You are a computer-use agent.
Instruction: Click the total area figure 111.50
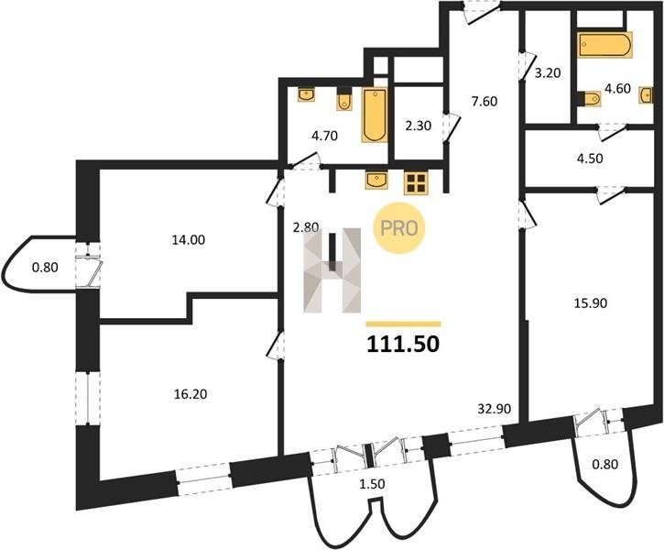click(403, 344)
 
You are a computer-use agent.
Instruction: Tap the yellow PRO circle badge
click(399, 228)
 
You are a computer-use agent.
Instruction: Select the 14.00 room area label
click(189, 240)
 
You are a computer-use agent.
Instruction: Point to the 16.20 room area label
click(190, 394)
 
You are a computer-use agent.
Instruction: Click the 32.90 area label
click(495, 409)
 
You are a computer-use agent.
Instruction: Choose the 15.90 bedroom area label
click(591, 303)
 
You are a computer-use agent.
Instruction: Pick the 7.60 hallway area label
click(484, 101)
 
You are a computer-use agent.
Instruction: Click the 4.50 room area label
click(590, 158)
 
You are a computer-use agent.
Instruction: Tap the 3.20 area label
click(548, 73)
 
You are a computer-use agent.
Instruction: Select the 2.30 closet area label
click(418, 126)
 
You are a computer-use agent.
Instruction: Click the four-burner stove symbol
click(416, 183)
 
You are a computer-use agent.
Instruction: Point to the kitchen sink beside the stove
click(377, 180)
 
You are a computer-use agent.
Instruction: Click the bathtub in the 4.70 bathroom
click(375, 115)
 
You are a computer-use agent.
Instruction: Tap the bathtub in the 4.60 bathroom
click(605, 45)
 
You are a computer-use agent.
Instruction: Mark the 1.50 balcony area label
click(372, 483)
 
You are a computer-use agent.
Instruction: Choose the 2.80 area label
click(305, 227)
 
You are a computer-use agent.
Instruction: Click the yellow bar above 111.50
click(403, 324)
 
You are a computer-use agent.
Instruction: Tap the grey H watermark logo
click(332, 270)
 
